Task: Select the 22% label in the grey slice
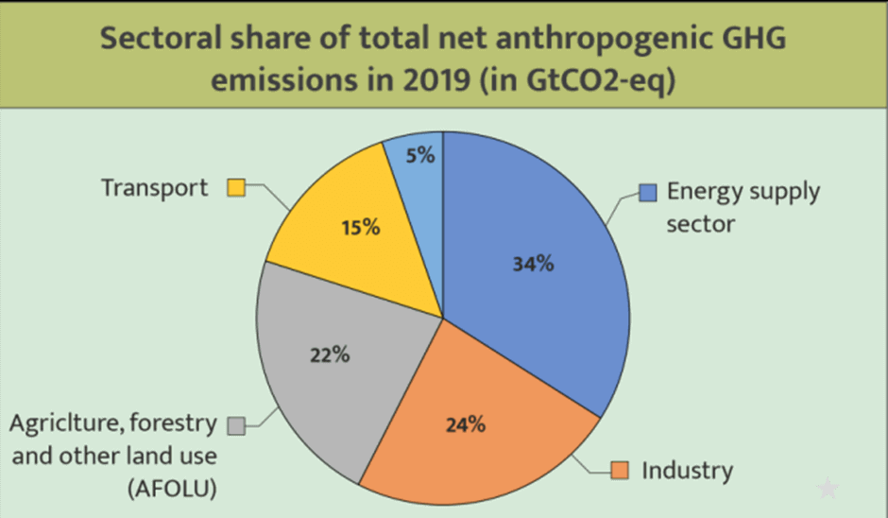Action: click(331, 355)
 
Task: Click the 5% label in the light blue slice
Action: click(420, 155)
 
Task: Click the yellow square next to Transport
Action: click(236, 187)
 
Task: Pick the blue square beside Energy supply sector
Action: click(647, 193)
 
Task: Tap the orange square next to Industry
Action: click(620, 470)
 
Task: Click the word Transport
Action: click(154, 187)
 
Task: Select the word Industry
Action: click(687, 470)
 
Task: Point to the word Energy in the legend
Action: click(699, 192)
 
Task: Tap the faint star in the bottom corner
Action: click(828, 489)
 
